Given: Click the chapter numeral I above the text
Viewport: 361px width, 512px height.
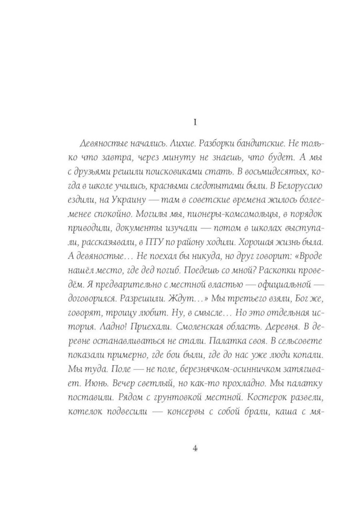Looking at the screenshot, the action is (x=195, y=123).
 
